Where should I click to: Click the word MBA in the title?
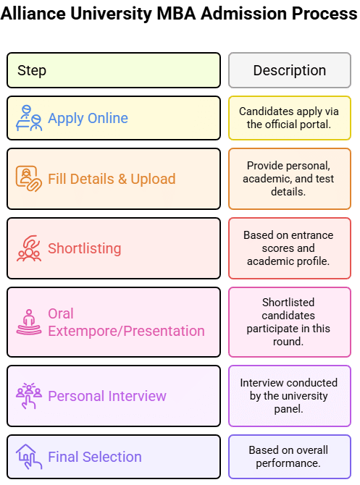pyautogui.click(x=176, y=14)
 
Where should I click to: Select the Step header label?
pyautogui.click(x=32, y=70)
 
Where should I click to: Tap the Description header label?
pyautogui.click(x=290, y=70)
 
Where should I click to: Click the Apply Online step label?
pyautogui.click(x=88, y=118)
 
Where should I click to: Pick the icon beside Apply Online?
pyautogui.click(x=29, y=118)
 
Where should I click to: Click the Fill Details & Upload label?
pyautogui.click(x=112, y=179)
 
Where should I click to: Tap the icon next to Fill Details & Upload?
pyautogui.click(x=29, y=179)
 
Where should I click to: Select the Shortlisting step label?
pyautogui.click(x=85, y=248)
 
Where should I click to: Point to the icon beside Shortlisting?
pyautogui.click(x=29, y=248)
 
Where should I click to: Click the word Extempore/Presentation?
pyautogui.click(x=126, y=331)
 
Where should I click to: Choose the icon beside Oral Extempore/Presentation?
pyautogui.click(x=29, y=322)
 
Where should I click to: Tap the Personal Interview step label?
pyautogui.click(x=107, y=396)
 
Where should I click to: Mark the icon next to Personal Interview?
pyautogui.click(x=29, y=396)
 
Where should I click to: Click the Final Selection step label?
pyautogui.click(x=95, y=457)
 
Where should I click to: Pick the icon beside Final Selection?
pyautogui.click(x=29, y=457)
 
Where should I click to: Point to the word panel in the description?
pyautogui.click(x=288, y=409)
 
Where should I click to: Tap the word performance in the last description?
pyautogui.click(x=288, y=463)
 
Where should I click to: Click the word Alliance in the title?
pyautogui.click(x=33, y=14)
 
